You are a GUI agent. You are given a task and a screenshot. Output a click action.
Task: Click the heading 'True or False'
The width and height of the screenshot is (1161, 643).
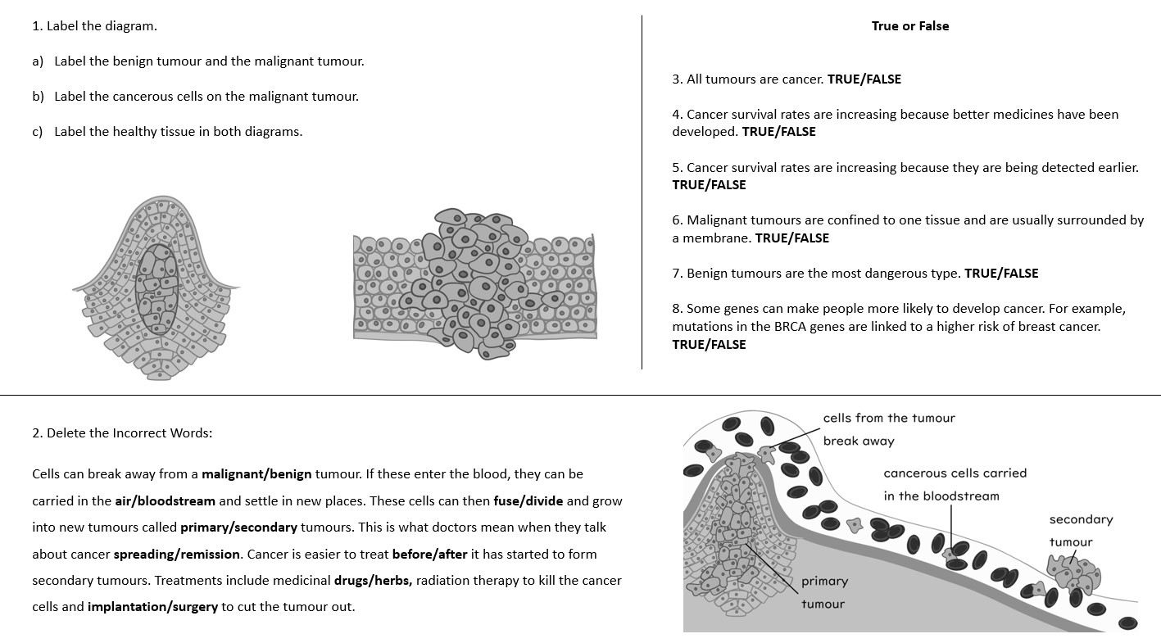909,26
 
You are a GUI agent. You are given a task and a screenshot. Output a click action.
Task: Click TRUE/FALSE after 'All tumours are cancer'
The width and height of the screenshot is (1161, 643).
864,79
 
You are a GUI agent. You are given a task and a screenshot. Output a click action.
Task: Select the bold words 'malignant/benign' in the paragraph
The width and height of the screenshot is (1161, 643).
256,474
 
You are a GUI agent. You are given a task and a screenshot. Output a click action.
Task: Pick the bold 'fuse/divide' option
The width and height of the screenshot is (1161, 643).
528,500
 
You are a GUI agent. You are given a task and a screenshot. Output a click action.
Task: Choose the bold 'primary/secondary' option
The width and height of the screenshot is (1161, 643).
238,528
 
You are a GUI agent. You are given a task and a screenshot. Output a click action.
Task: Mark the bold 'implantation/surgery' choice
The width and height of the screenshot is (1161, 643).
152,608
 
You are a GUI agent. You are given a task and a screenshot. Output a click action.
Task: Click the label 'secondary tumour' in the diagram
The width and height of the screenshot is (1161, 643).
1081,531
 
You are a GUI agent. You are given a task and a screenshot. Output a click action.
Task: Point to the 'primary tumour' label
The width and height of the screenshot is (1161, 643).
823,592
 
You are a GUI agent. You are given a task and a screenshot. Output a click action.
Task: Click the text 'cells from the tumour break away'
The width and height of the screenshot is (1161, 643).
888,429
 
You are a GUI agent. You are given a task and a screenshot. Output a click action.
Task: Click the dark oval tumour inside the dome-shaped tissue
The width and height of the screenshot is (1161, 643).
157,288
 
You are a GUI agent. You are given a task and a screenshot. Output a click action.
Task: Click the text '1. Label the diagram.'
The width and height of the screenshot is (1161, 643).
94,26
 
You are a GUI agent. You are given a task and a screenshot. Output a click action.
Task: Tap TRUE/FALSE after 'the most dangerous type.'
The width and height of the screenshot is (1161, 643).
1001,274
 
